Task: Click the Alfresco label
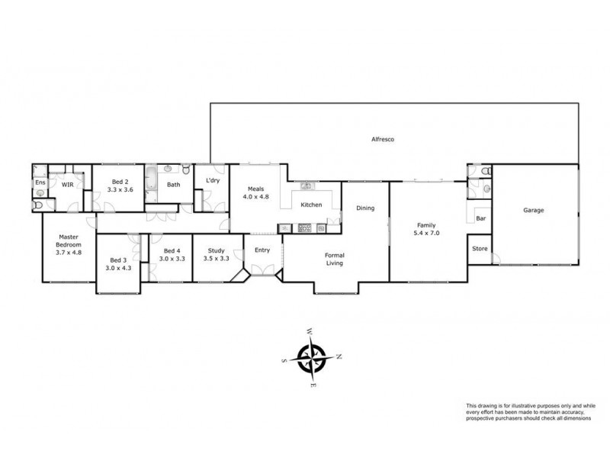(381, 140)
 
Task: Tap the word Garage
(533, 210)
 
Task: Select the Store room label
(480, 249)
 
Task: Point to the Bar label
(480, 218)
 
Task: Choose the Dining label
(365, 208)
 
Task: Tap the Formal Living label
(334, 259)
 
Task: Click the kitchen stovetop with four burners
(303, 227)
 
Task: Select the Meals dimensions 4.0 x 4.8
(255, 197)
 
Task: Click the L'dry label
(213, 180)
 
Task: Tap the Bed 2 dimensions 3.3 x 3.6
(119, 189)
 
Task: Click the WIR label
(67, 185)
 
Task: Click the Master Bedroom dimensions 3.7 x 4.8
(68, 252)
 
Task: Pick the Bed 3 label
(117, 260)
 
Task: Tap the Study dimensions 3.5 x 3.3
(217, 259)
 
